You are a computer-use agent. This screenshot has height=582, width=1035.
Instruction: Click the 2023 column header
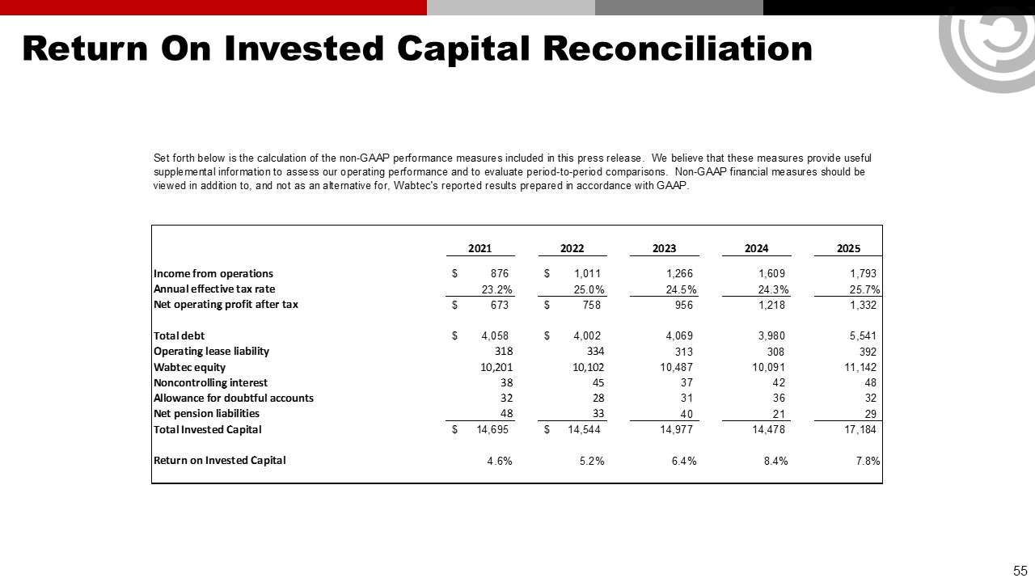[x=664, y=249]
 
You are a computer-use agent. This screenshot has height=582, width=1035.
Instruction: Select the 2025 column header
[x=848, y=249]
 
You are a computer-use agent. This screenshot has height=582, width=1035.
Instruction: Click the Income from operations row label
[x=213, y=273]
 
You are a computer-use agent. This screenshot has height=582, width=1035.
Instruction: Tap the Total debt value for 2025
[x=860, y=335]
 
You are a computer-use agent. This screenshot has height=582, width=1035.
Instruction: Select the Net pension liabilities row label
[x=206, y=413]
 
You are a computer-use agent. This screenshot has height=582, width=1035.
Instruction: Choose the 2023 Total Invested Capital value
[x=676, y=429]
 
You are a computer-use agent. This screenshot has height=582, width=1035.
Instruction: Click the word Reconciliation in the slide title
[x=678, y=48]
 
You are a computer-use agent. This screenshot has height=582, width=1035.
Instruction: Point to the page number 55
[x=1020, y=570]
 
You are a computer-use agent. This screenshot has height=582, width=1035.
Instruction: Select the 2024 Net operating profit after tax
[x=769, y=305]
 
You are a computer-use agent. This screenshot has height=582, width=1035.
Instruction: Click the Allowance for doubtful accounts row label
[x=234, y=398]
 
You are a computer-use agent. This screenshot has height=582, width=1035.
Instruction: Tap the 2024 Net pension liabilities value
[x=777, y=414]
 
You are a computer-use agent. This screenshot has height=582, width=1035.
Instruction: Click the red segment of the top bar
[x=213, y=7]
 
